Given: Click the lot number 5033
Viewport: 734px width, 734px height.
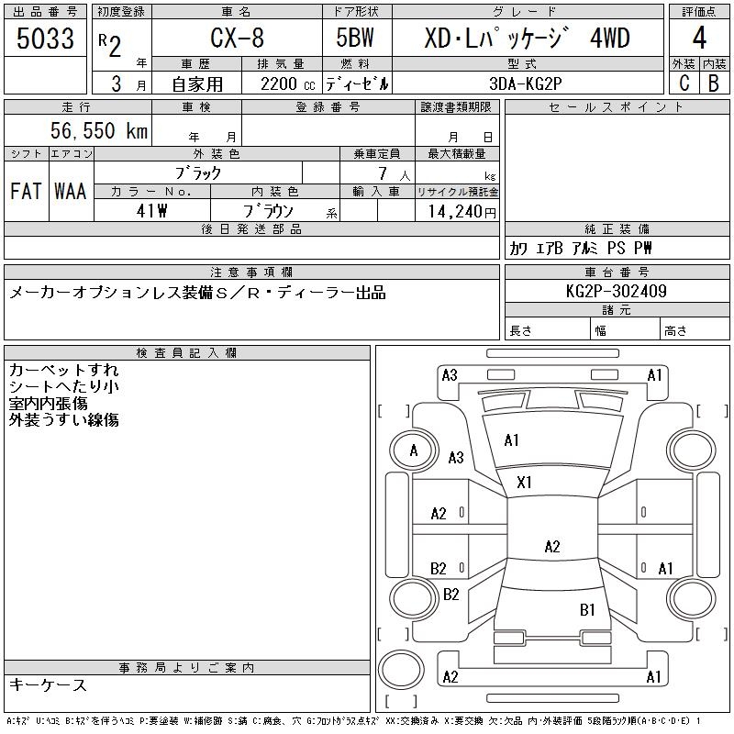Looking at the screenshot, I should click(x=46, y=39).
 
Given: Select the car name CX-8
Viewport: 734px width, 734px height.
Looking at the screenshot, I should click(x=235, y=39).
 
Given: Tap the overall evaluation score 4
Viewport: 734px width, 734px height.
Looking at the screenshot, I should click(x=699, y=39).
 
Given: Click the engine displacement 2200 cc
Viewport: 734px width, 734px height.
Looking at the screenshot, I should click(x=281, y=83).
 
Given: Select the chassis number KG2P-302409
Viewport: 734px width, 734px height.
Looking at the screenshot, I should click(x=617, y=292).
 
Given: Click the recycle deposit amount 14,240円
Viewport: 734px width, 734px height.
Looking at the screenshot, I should click(x=457, y=211).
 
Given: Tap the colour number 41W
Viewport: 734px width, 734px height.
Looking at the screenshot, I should click(x=150, y=211).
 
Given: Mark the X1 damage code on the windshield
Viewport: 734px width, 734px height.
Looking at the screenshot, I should click(x=525, y=482).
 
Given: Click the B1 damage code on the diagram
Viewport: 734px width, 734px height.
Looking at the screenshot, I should click(x=587, y=609).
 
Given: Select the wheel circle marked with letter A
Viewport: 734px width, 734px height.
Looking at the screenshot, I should click(x=414, y=450).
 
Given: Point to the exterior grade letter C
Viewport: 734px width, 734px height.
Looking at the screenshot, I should click(x=684, y=83).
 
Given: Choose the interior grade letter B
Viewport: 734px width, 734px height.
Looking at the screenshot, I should click(x=714, y=83).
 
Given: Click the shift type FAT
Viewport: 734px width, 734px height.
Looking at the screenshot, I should click(x=26, y=192).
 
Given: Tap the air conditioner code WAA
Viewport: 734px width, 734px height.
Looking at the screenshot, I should click(x=70, y=192).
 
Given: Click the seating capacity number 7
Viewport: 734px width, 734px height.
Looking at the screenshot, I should click(x=381, y=172).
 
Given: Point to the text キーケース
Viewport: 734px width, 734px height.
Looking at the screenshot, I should click(x=48, y=685).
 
